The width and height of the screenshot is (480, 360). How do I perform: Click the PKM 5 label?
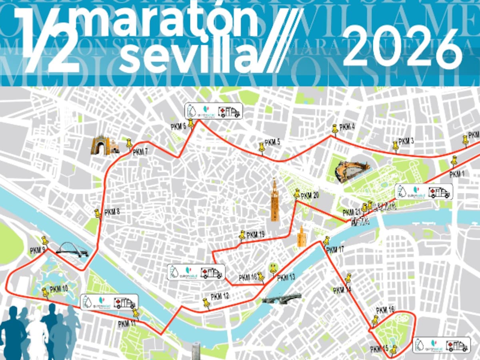click(272, 142)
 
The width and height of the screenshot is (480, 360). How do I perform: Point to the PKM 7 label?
click(140, 152)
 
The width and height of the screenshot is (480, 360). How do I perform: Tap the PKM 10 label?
click(59, 289)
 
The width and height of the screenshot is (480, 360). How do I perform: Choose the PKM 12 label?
click(220, 296)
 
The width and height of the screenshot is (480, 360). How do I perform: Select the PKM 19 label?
click(255, 235)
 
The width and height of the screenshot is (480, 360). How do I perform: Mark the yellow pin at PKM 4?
click(334, 129)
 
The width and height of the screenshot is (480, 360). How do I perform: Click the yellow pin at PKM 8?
click(98, 213)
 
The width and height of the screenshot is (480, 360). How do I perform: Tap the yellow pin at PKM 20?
click(297, 194)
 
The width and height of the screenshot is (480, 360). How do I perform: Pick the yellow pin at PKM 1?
click(454, 162)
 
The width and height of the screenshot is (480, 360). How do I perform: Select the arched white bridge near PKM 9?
click(72, 250)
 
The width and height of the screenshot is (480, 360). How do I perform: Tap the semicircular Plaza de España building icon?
click(351, 171)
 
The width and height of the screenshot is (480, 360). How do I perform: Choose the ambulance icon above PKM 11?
click(124, 302)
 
